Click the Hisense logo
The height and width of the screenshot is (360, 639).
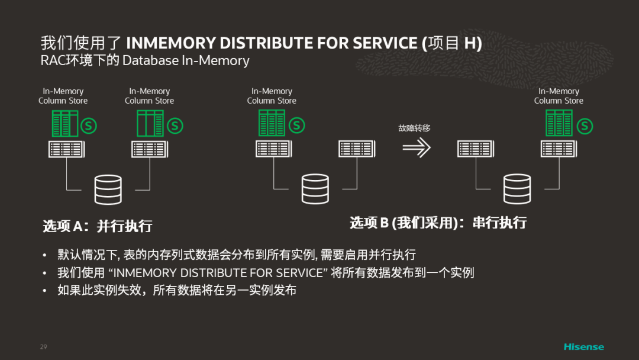click(x=583, y=346)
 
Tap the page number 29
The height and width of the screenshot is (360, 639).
click(x=43, y=346)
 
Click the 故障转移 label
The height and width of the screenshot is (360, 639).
click(x=414, y=127)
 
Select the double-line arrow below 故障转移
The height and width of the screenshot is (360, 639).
click(x=416, y=148)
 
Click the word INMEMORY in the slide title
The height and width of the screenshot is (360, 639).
click(x=171, y=43)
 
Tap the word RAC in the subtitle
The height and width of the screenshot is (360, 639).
click(x=51, y=60)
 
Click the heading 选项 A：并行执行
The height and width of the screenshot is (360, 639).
click(x=97, y=226)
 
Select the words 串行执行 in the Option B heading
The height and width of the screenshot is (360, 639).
click(x=499, y=223)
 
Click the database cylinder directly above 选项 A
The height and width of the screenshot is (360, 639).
click(x=108, y=189)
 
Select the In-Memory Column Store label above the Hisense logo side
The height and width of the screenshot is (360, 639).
click(x=559, y=96)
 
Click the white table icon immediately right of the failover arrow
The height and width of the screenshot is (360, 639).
click(x=475, y=149)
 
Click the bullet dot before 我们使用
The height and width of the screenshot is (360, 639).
click(x=44, y=274)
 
